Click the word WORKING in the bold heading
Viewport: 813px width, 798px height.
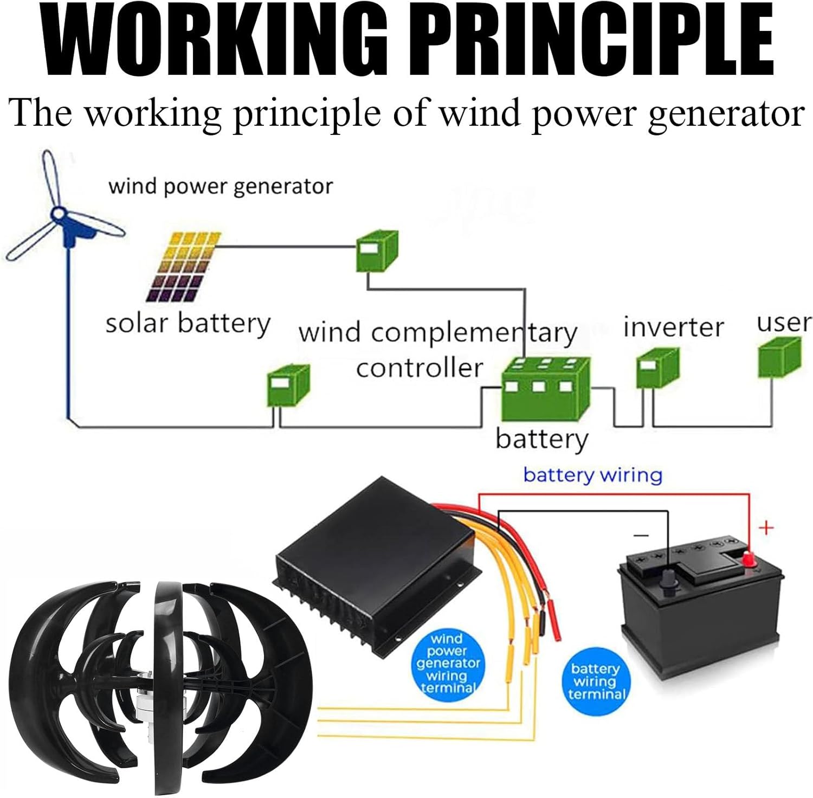pos(214,41)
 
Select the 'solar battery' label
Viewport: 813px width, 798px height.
pos(188,324)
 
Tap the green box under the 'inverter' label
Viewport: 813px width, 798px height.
pos(656,368)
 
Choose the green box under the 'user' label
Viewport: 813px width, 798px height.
pos(778,357)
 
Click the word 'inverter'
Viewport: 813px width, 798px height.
pos(673,327)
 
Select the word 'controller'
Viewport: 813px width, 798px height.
pos(419,369)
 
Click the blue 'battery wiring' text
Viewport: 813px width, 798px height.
pos(592,475)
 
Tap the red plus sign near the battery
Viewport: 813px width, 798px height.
pos(766,527)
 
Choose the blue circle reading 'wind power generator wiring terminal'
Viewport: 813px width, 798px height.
pos(448,663)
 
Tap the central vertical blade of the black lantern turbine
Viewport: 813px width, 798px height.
pos(168,688)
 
